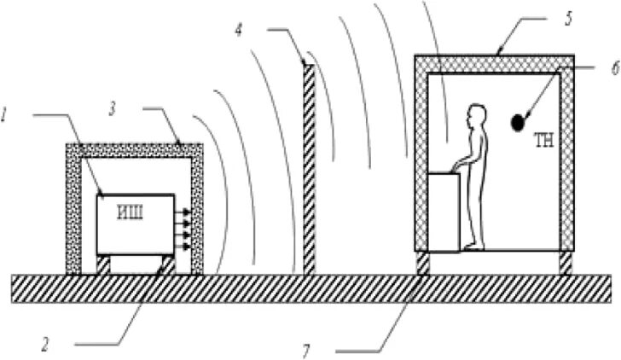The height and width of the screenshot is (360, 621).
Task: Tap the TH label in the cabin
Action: [544, 142]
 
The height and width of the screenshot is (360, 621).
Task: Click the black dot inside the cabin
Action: [518, 123]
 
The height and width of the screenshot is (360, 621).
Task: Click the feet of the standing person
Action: [475, 247]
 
